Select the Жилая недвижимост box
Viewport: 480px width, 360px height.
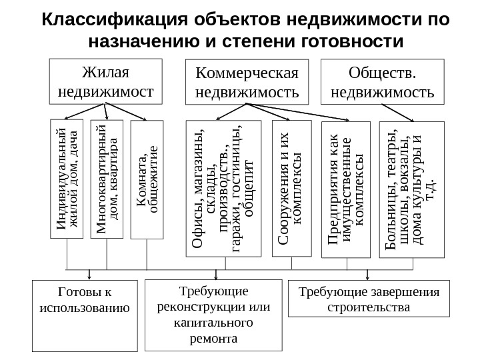click(x=107, y=81)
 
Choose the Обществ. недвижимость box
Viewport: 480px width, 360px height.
click(x=382, y=82)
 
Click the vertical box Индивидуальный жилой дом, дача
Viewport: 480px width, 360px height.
click(x=67, y=179)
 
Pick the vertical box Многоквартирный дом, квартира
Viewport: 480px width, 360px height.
click(x=107, y=178)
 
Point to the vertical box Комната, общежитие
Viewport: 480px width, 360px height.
click(x=147, y=179)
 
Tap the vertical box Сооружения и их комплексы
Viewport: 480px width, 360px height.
click(x=292, y=188)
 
